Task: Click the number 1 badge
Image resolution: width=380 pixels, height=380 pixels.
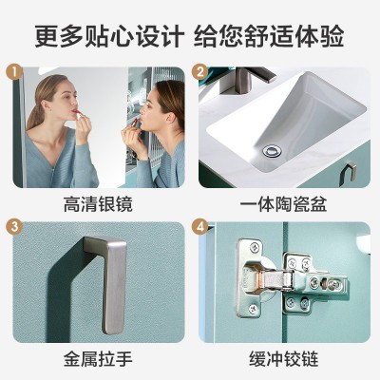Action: click(x=14, y=72)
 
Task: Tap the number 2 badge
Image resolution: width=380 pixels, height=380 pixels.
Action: click(x=200, y=72)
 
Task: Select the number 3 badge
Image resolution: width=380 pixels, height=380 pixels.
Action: click(x=14, y=227)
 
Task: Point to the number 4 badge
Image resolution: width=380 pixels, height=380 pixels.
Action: click(x=200, y=227)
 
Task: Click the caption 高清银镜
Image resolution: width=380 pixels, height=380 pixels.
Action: click(x=98, y=204)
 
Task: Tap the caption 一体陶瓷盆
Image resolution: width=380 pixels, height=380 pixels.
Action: click(x=283, y=204)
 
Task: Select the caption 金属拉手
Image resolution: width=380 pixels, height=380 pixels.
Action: click(x=98, y=359)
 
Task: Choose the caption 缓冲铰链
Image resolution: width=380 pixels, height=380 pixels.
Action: click(x=283, y=359)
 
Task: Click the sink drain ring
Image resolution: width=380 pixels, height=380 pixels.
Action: click(x=272, y=150)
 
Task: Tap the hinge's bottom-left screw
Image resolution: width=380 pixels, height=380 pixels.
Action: click(x=253, y=308)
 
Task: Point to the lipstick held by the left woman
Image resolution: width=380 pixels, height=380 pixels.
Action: click(x=78, y=114)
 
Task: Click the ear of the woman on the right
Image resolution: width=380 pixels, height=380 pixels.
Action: click(x=171, y=117)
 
